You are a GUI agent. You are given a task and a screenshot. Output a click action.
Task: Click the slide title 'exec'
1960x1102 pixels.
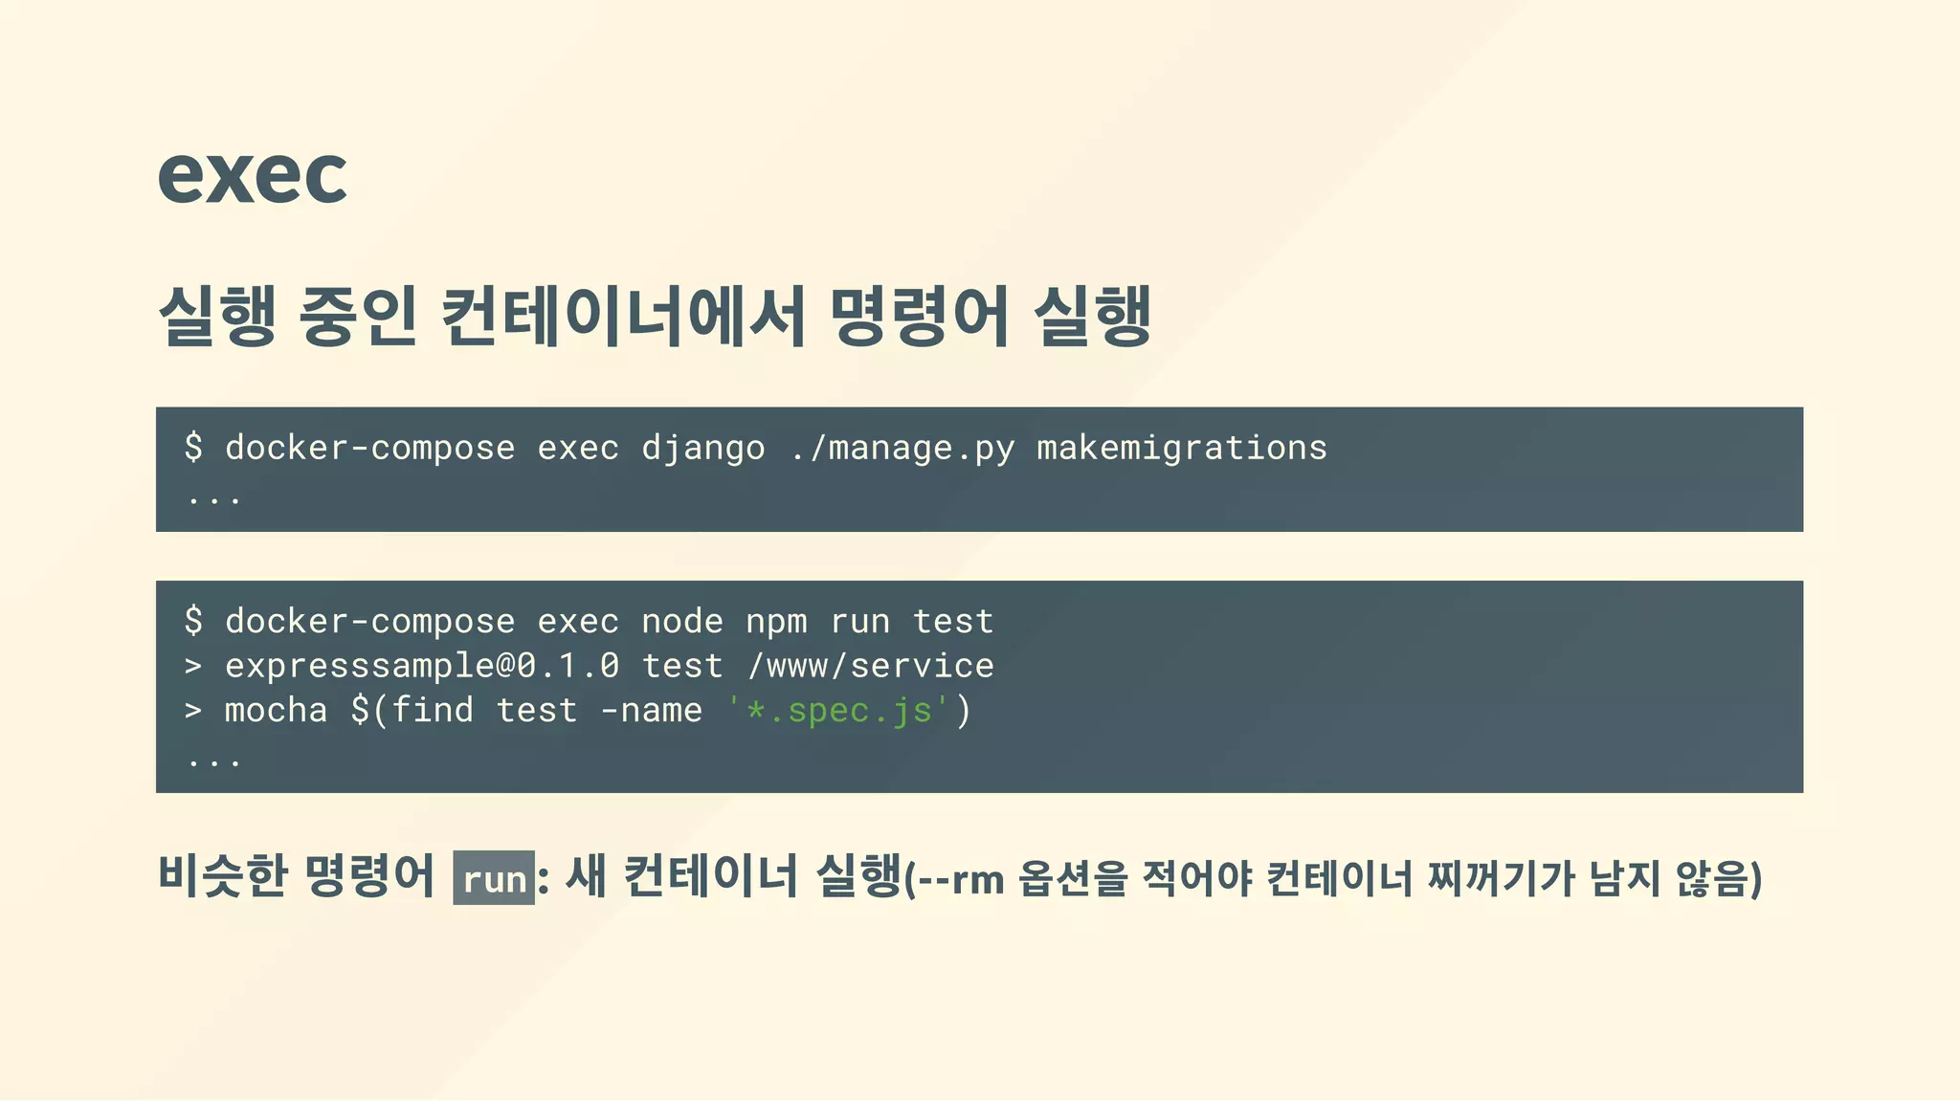[x=252, y=176]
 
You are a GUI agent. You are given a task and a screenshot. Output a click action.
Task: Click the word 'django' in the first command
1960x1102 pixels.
[x=702, y=449]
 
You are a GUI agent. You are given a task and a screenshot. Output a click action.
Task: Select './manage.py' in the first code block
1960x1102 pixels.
[x=902, y=449]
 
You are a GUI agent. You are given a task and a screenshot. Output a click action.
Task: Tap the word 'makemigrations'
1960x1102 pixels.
[x=1181, y=449]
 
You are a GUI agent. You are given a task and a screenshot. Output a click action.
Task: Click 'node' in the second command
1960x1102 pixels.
[x=681, y=623]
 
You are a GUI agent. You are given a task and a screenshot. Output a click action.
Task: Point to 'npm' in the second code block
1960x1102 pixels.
[x=776, y=623]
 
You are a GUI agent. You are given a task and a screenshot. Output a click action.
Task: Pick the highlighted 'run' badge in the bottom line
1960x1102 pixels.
[x=494, y=878]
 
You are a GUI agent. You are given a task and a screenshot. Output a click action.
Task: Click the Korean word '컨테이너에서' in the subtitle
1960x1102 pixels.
[x=623, y=316]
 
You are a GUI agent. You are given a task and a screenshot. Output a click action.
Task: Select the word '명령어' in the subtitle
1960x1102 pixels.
[x=920, y=316]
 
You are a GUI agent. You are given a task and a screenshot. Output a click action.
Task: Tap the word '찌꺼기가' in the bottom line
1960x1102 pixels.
[x=1500, y=878]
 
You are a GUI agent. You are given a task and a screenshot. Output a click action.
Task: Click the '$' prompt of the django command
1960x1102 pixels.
[x=193, y=448]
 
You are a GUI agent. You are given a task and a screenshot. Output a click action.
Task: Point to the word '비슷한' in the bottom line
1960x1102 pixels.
[x=222, y=876]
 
